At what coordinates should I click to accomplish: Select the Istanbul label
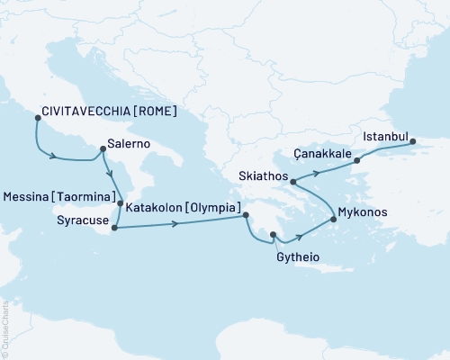(x=384, y=137)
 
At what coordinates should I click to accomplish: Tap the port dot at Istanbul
(x=413, y=139)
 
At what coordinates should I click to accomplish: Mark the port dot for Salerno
(x=103, y=138)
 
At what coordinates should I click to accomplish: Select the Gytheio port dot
(x=273, y=237)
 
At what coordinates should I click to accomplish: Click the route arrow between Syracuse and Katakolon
(x=173, y=223)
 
